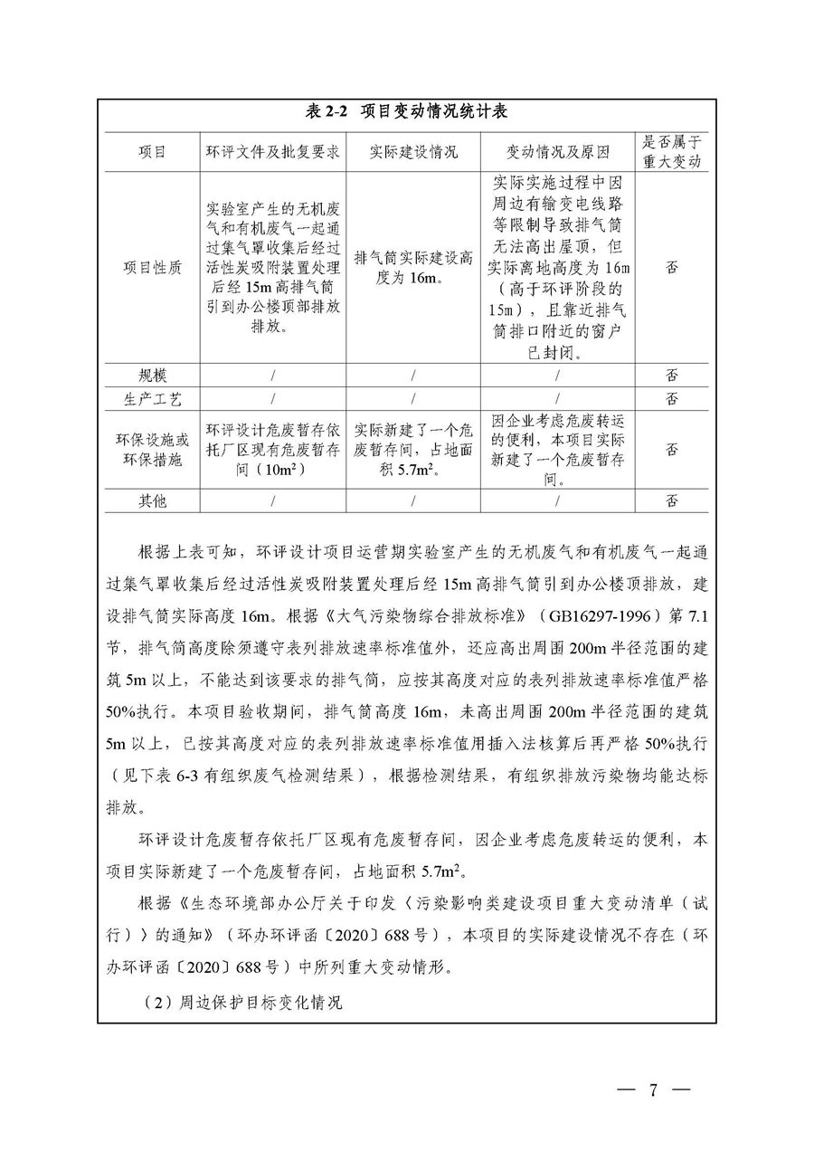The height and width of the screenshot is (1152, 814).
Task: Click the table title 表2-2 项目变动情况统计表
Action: pos(406,112)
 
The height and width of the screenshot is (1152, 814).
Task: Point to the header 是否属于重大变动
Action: pos(671,151)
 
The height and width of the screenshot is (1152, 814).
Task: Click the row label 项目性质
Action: pos(150,267)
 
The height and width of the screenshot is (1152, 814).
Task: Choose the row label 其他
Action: pos(150,500)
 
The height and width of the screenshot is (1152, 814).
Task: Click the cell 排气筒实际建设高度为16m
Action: pos(413,268)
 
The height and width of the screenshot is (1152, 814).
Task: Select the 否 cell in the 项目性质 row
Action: pos(671,267)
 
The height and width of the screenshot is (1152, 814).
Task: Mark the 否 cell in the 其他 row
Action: pos(671,500)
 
